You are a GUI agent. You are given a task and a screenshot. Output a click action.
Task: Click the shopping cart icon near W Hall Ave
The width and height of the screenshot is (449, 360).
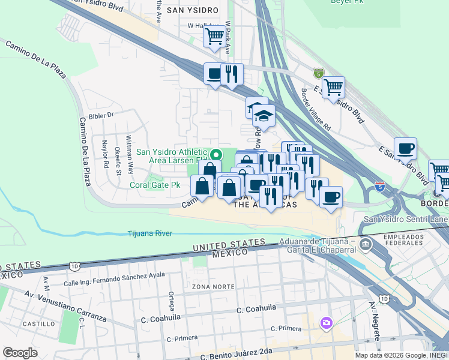coord(214,35)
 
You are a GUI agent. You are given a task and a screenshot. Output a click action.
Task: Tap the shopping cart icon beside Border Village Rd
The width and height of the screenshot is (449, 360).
coord(333,86)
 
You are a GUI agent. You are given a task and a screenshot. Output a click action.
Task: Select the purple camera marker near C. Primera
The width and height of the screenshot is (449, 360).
coord(326,323)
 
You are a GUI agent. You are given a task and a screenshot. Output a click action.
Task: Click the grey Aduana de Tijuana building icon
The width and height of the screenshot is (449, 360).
coord(366,244)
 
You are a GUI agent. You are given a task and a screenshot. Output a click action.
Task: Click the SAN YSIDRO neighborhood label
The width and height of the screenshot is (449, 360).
coord(190,10)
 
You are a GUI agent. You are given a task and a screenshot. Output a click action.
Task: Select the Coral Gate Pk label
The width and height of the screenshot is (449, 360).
coord(155,185)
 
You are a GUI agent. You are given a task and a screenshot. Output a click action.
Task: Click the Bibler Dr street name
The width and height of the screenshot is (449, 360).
coord(100,115)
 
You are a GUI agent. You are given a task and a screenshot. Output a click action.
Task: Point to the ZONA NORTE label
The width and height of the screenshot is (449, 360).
coord(213,286)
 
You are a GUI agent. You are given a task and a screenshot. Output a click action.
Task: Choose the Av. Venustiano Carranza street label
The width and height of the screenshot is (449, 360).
coord(65,305)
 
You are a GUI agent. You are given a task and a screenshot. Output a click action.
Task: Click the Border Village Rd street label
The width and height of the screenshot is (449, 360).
coord(316,110)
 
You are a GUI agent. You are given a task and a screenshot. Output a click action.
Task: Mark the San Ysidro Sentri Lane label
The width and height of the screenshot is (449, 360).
coord(406,219)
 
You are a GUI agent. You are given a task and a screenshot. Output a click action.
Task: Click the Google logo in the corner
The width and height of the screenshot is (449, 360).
coord(20,352)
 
